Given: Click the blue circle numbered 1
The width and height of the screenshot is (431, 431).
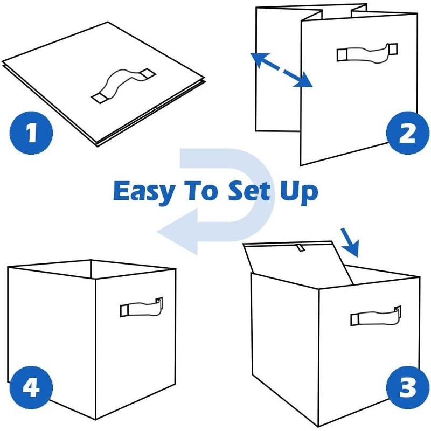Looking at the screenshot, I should [x=32, y=133].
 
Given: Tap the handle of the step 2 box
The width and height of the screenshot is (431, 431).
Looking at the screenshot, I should [x=367, y=52].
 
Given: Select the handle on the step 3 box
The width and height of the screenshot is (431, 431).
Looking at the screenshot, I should [x=376, y=316].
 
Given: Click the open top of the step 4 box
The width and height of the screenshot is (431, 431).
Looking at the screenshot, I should [x=92, y=269].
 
